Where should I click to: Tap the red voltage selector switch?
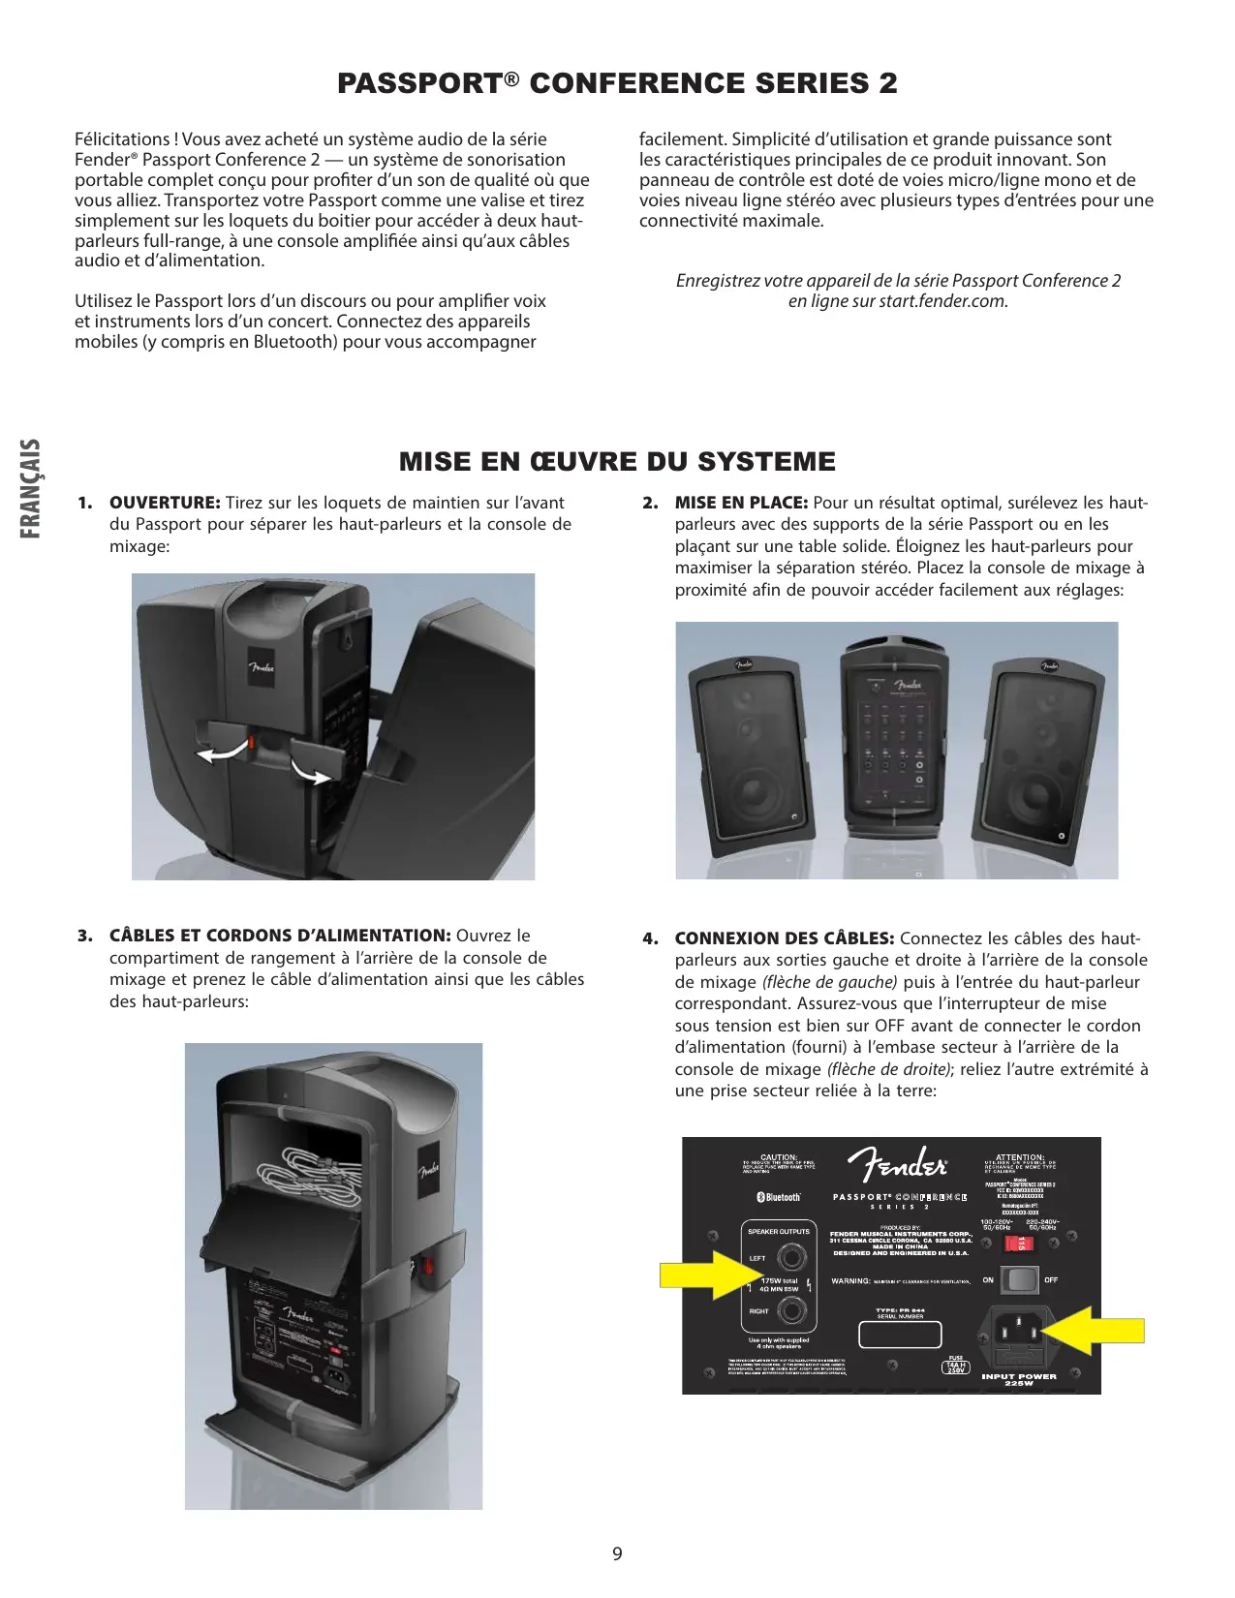(x=1022, y=1244)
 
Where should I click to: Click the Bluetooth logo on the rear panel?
(x=779, y=1198)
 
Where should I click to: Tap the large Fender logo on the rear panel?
(x=898, y=1165)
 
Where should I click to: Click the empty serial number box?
(x=900, y=1335)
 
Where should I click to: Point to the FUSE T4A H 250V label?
(x=956, y=1366)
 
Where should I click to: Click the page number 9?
(x=617, y=1554)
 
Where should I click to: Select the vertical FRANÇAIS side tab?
(x=31, y=488)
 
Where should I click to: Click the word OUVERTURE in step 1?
(x=165, y=503)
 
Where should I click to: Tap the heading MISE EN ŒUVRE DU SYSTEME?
(x=617, y=462)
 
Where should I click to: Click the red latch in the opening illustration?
(x=251, y=743)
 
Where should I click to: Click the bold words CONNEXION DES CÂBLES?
(x=784, y=938)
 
